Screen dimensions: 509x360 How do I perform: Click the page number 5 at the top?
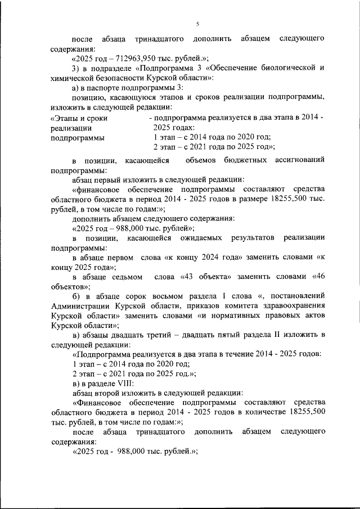click(198, 23)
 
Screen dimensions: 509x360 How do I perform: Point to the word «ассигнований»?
click(300, 160)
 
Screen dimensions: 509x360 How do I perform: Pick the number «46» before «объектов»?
click(319, 277)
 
